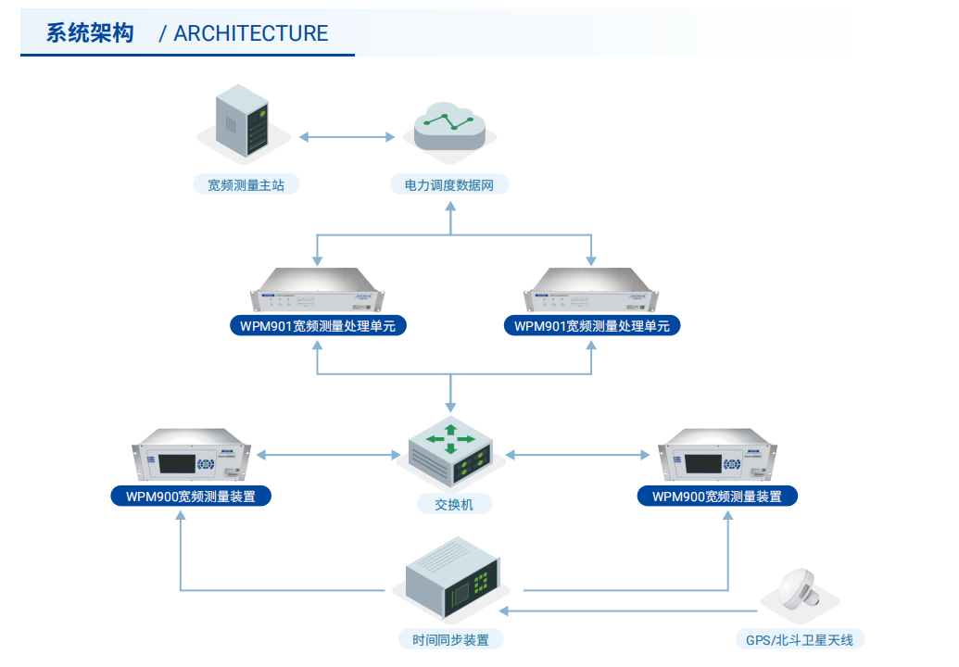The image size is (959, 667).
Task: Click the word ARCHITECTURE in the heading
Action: click(x=251, y=33)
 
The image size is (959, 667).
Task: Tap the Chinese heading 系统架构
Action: click(x=90, y=33)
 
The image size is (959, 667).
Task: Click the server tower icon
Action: click(x=243, y=120)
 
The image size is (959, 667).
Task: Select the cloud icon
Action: click(x=449, y=126)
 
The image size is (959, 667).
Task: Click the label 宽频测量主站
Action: click(x=246, y=184)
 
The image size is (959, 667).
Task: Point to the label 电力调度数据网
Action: click(x=448, y=184)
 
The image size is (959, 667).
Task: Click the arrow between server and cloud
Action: click(x=347, y=137)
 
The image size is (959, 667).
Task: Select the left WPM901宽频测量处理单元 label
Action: click(x=318, y=326)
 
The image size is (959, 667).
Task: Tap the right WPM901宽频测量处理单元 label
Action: click(x=591, y=326)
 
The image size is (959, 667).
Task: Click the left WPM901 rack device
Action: click(x=318, y=290)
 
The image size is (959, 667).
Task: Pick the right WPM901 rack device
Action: click(x=591, y=290)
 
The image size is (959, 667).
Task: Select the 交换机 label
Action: click(x=454, y=504)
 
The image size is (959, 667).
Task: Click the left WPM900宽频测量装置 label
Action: click(x=191, y=497)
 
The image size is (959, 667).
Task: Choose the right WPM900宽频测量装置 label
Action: click(x=717, y=497)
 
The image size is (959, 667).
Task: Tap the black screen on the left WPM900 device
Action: click(x=177, y=463)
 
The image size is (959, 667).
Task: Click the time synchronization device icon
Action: click(x=453, y=578)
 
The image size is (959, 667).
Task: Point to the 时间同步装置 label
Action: click(x=450, y=640)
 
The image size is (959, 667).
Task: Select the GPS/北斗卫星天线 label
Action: click(x=800, y=640)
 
